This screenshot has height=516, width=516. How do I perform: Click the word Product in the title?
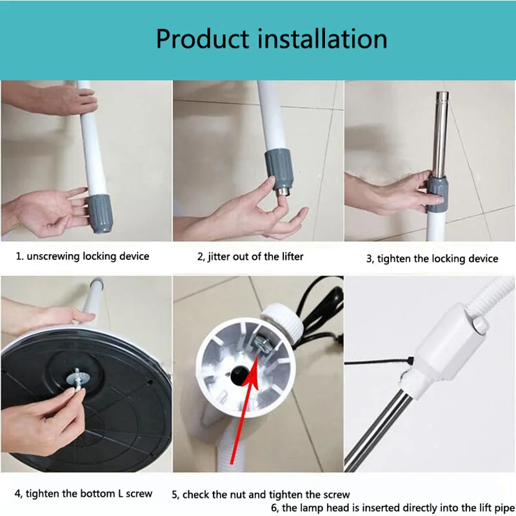coord(203,39)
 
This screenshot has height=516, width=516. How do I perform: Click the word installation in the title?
coord(322,39)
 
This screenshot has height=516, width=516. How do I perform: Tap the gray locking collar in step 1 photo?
coord(100,213)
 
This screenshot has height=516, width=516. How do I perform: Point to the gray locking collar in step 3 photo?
coord(437,194)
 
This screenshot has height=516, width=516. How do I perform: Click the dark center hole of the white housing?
coord(240,376)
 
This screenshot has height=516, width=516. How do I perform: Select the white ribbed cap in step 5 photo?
coord(282,320)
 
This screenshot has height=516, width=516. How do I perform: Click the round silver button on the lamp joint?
coord(479,325)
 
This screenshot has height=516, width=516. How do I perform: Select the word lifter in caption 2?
coord(293,256)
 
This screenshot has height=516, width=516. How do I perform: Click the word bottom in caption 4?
coord(98,493)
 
